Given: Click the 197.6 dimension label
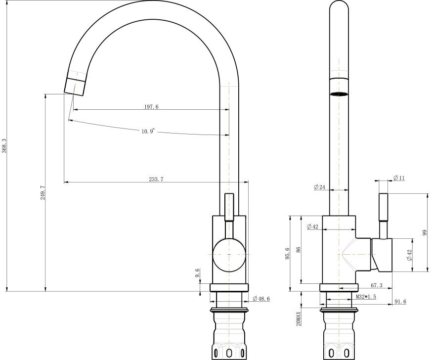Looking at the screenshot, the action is (x=151, y=107).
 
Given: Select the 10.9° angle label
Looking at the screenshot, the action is (x=148, y=131).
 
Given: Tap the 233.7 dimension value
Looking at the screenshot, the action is (x=156, y=180).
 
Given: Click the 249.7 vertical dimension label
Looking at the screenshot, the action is (x=43, y=192).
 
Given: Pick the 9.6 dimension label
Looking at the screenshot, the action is (x=197, y=273).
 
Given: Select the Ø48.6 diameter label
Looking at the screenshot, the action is (x=261, y=299).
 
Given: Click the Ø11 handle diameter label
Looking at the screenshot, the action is (x=399, y=178).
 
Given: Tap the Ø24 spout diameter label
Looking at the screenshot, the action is (x=320, y=187).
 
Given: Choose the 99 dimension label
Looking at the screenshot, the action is (x=425, y=233).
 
